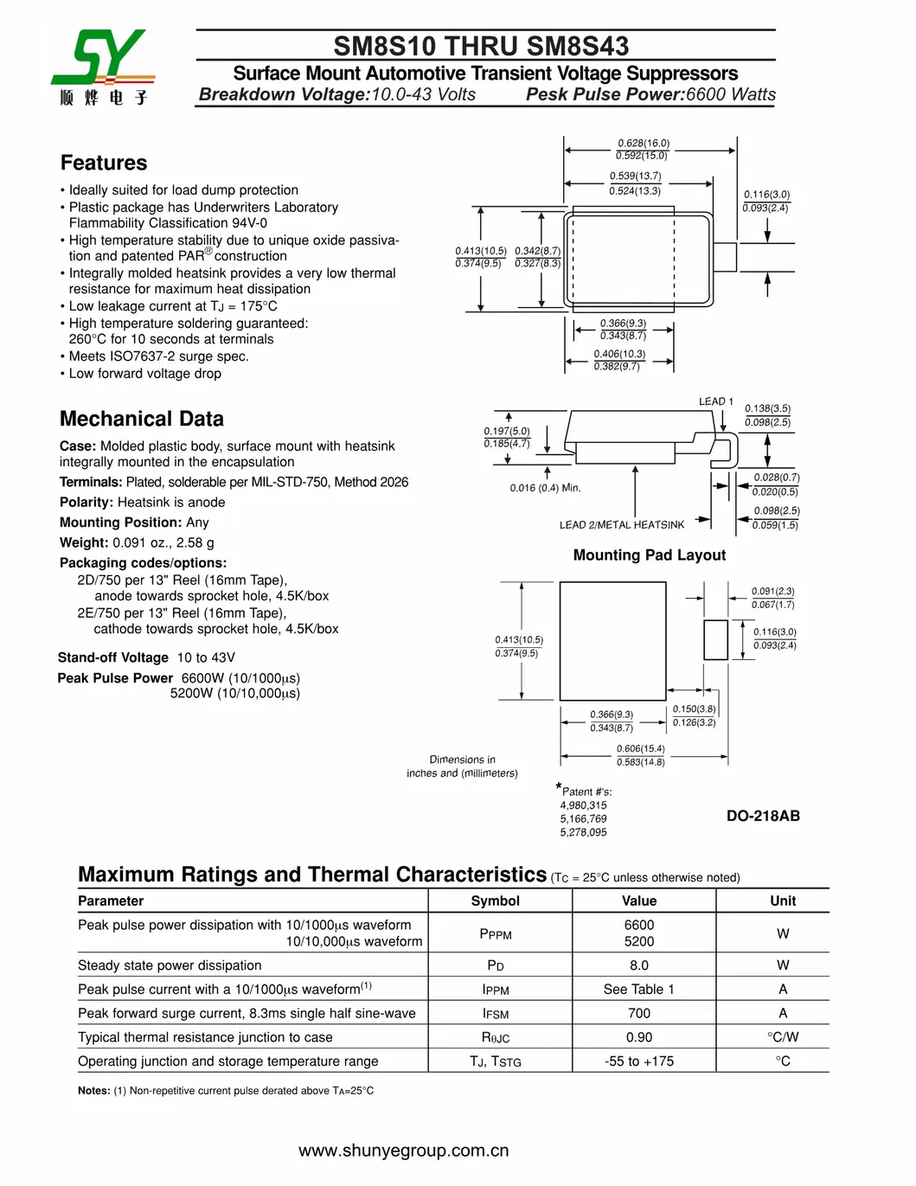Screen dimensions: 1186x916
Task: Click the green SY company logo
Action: click(x=102, y=59)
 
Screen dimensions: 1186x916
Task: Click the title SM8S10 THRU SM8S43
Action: click(x=481, y=46)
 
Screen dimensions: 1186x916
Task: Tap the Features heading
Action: click(x=104, y=163)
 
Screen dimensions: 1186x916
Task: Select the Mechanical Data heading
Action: click(x=142, y=419)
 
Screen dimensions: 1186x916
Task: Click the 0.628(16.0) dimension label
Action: click(x=644, y=143)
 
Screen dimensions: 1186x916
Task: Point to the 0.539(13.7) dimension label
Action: click(x=635, y=176)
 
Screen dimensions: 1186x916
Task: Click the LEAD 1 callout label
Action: click(x=715, y=401)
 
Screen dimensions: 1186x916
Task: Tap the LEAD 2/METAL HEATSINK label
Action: click(x=621, y=525)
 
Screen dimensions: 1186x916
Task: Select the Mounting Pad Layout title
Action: click(x=650, y=555)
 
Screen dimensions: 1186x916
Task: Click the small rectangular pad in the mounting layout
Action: click(x=715, y=639)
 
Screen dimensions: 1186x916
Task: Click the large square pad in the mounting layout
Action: click(x=612, y=640)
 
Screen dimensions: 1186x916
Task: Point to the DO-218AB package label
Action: click(x=763, y=816)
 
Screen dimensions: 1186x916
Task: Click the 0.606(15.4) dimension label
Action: click(x=641, y=749)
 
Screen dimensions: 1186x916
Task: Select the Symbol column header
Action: click(x=496, y=901)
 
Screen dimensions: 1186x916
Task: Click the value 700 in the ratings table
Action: click(x=639, y=1013)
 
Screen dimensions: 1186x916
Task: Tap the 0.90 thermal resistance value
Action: click(x=639, y=1037)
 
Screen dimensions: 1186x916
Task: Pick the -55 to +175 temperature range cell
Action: click(x=639, y=1061)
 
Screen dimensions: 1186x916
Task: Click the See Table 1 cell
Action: click(x=639, y=989)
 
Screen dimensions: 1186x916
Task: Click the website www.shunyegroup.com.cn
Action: click(x=404, y=1151)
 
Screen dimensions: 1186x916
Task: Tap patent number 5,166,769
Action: click(x=583, y=818)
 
